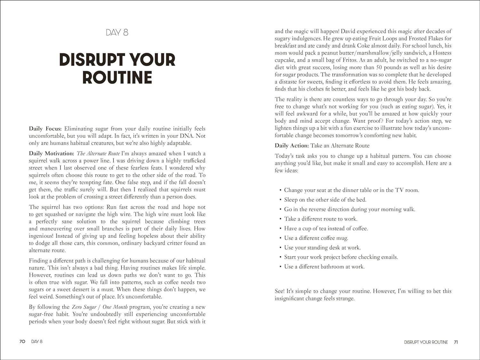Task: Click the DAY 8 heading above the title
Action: coord(117,32)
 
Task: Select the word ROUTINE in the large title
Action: coord(117,77)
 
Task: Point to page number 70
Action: coord(22,341)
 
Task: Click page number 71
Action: coord(456,342)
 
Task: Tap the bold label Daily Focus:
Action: coord(45,129)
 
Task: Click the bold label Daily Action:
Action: coord(292,145)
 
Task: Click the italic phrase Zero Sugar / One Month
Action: coord(100,307)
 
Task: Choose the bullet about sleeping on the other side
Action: coord(325,200)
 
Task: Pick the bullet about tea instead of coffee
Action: coord(326,229)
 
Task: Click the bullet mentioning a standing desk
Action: coord(322,248)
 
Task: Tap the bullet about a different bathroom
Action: coord(324,267)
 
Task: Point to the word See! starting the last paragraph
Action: coord(279,291)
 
